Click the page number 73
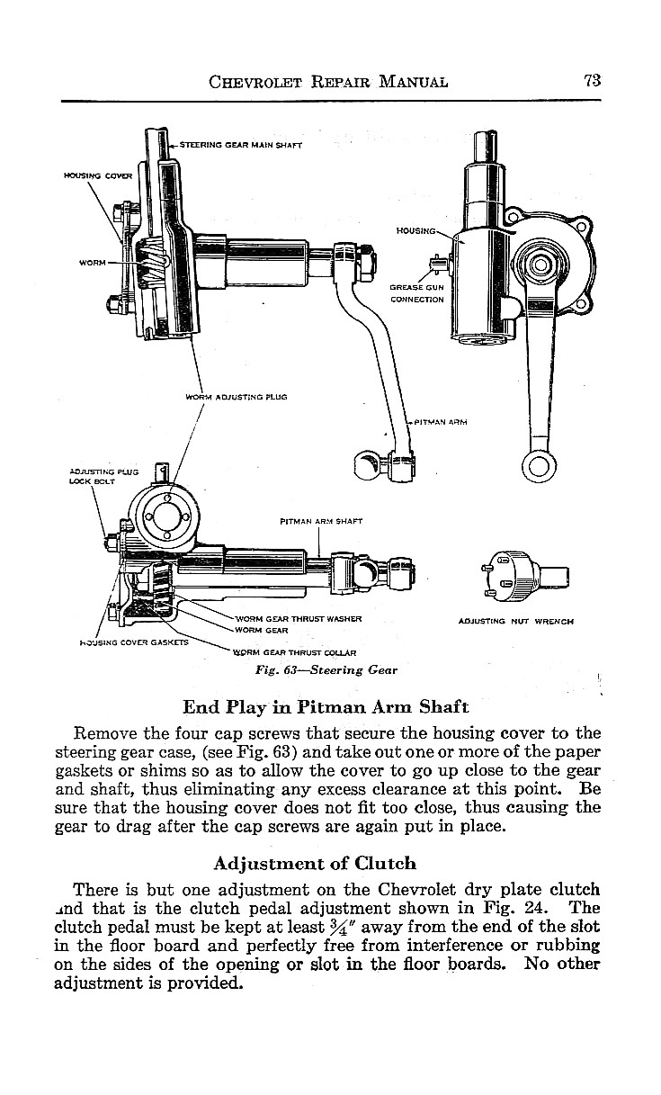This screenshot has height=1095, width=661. click(592, 80)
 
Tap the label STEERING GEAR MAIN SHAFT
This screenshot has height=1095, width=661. click(240, 144)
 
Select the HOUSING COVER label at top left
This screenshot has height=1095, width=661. click(97, 175)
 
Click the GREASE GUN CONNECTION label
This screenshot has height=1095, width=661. click(416, 293)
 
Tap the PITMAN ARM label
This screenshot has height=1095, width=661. click(440, 421)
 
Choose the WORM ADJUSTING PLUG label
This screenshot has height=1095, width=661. click(236, 396)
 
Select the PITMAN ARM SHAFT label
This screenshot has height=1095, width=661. click(321, 520)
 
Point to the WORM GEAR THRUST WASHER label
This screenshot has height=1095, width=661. click(298, 618)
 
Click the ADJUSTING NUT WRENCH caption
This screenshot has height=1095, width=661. click(515, 621)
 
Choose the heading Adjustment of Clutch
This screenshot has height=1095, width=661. click(315, 863)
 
